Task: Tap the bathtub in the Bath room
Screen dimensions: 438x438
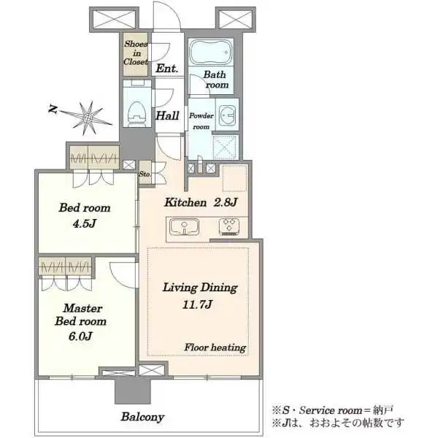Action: click(x=211, y=53)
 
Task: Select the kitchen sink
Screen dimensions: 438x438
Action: click(x=185, y=226)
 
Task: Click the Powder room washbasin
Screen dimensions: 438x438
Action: click(x=227, y=115)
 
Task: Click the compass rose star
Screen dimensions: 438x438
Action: click(x=88, y=118)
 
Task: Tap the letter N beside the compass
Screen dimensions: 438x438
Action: click(x=53, y=109)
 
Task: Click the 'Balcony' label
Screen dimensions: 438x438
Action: click(x=142, y=417)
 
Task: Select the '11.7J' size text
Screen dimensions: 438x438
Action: click(x=197, y=304)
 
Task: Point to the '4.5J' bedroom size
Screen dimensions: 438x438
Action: click(x=85, y=223)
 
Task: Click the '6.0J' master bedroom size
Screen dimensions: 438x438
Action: click(x=80, y=336)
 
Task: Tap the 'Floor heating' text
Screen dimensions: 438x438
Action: click(x=215, y=347)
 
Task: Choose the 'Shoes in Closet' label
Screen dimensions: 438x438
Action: click(x=136, y=53)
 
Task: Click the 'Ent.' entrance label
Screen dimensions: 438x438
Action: click(x=166, y=69)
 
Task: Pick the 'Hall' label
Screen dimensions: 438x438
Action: click(x=167, y=115)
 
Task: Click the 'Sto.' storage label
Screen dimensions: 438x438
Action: click(x=145, y=174)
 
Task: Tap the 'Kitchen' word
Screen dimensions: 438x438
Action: click(x=185, y=202)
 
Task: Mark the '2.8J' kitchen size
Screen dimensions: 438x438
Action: click(x=225, y=202)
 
